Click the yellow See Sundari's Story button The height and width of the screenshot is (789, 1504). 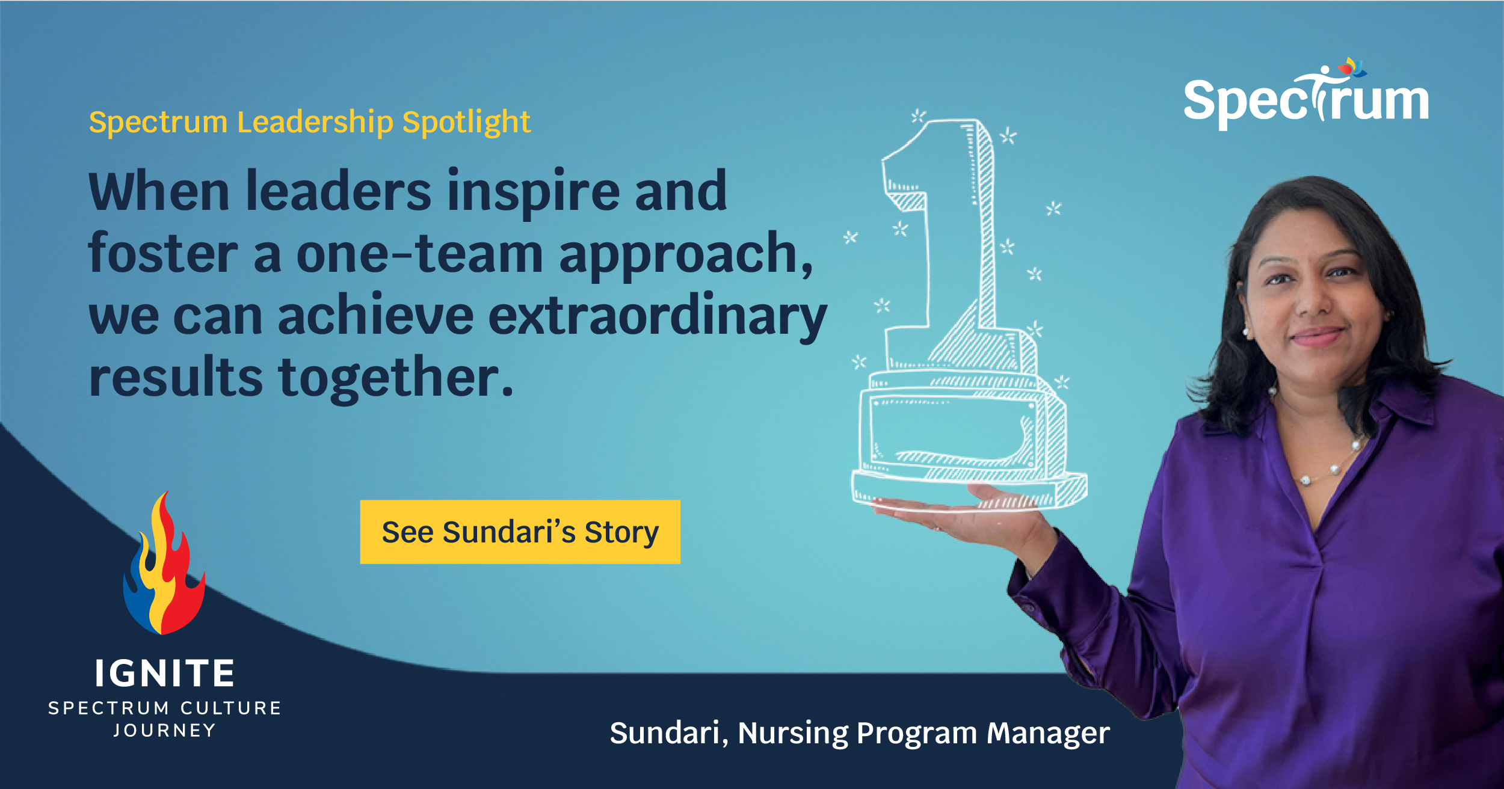(x=520, y=532)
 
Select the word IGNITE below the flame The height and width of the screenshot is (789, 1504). (x=164, y=674)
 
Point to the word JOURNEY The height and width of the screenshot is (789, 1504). (x=164, y=731)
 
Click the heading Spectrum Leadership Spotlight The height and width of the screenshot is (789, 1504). (x=309, y=122)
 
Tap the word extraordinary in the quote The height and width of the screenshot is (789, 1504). (x=657, y=316)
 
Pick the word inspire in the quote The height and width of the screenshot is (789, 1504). (x=533, y=191)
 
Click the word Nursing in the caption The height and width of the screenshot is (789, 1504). (x=792, y=733)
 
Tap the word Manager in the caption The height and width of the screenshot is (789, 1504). (x=1047, y=733)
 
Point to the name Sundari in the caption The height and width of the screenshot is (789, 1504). (x=664, y=733)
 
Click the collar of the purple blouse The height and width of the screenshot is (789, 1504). (x=1402, y=409)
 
